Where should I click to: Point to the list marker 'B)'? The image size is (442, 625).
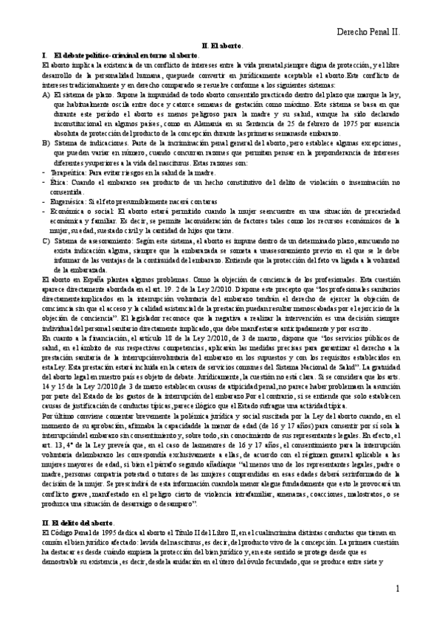tap(46, 142)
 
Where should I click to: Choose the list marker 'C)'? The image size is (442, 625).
tap(46, 240)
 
